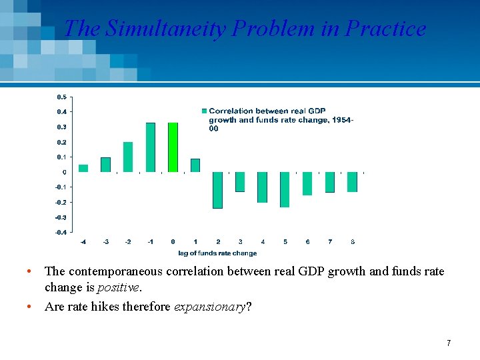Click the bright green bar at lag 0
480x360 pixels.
point(173,147)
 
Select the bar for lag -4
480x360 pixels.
point(83,169)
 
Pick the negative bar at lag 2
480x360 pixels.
point(217,190)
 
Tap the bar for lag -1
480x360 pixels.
point(151,147)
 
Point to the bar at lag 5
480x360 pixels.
point(285,189)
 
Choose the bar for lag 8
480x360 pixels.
point(352,182)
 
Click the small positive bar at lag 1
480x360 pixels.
point(195,165)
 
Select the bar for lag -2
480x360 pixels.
point(128,157)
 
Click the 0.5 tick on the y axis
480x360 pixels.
point(61,97)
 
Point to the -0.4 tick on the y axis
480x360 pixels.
point(60,232)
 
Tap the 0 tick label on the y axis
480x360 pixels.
point(64,172)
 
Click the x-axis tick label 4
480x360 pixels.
point(263,242)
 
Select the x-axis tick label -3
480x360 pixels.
point(105,242)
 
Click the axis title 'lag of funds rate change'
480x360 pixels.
point(217,253)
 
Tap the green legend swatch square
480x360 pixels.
point(204,111)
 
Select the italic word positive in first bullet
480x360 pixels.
point(118,288)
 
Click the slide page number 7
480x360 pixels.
point(449,343)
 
